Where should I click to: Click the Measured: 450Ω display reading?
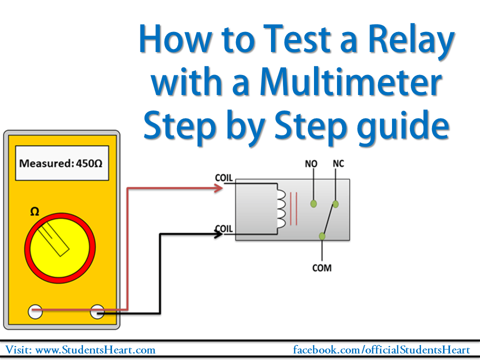coord(62,163)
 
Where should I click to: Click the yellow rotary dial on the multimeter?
coord(59,248)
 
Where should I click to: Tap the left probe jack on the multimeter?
coord(35,312)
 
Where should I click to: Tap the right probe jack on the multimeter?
coord(97,312)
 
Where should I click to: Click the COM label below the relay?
coord(321,268)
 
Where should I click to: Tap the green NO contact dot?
coord(313,203)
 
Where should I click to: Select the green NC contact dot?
coord(336,203)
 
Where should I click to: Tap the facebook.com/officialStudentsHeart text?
coord(381,350)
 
